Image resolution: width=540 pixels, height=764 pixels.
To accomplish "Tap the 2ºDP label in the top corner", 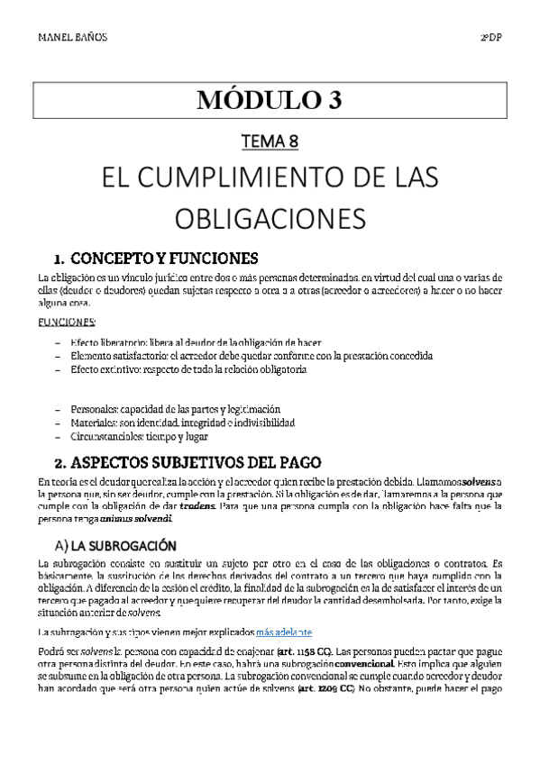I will click(x=490, y=39).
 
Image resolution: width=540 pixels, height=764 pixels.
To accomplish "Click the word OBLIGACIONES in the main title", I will click(x=270, y=219).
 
